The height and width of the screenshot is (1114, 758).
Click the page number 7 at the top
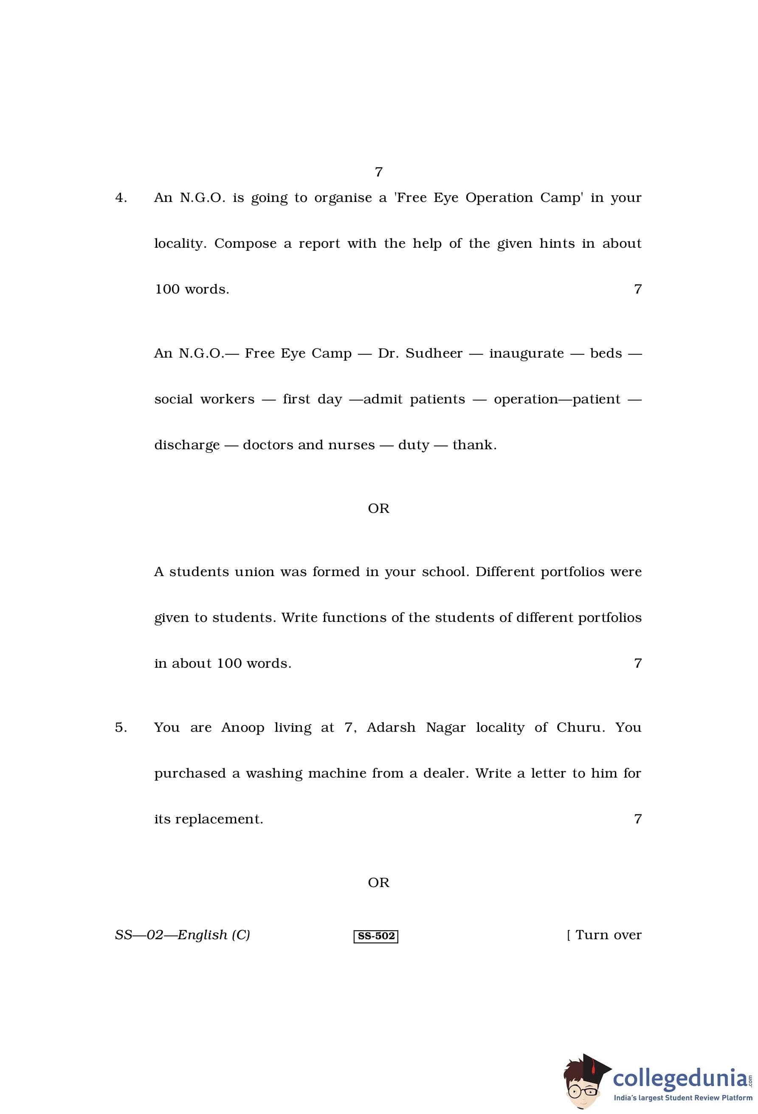pyautogui.click(x=378, y=172)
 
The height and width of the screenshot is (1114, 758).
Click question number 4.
pyautogui.click(x=121, y=198)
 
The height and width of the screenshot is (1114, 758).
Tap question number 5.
pyautogui.click(x=121, y=728)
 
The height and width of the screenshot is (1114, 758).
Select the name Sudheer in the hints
pyautogui.click(x=434, y=353)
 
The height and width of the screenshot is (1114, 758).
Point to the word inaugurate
pyautogui.click(x=526, y=353)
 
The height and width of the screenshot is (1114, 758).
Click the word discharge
pyautogui.click(x=186, y=445)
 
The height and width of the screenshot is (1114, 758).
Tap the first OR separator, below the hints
pyautogui.click(x=378, y=509)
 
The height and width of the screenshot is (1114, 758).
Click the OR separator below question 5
pyautogui.click(x=378, y=882)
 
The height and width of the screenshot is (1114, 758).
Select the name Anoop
pyautogui.click(x=242, y=728)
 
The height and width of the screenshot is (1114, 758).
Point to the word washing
pyautogui.click(x=274, y=774)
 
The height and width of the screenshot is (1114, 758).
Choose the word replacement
pyautogui.click(x=219, y=819)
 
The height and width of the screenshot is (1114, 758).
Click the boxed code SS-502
pyautogui.click(x=376, y=936)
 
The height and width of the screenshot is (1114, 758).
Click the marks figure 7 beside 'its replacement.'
pyautogui.click(x=637, y=819)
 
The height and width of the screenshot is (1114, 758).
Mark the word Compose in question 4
pyautogui.click(x=245, y=244)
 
